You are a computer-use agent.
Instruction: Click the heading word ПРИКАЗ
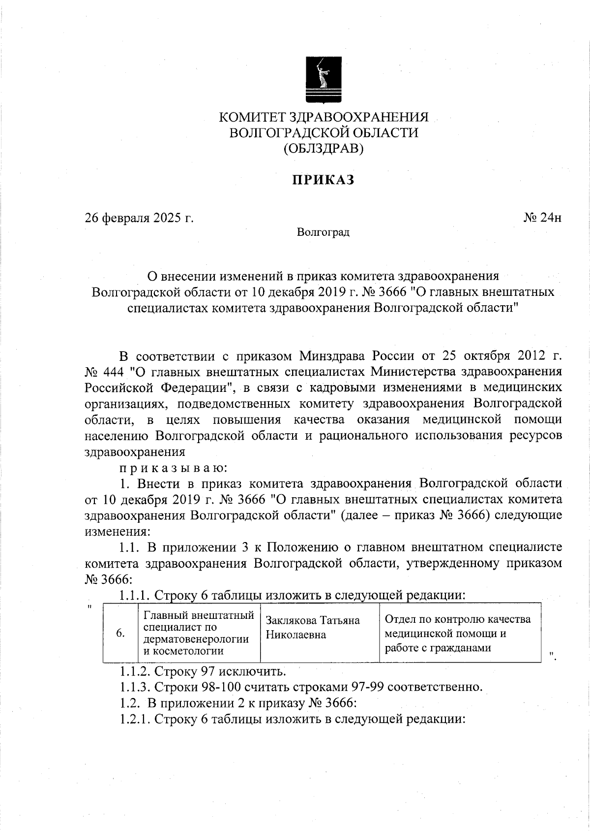324,180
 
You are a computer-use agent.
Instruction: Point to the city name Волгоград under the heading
323,232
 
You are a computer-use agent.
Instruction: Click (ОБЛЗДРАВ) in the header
324,148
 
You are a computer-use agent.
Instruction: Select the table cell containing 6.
120,633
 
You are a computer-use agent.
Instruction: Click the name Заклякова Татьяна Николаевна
313,627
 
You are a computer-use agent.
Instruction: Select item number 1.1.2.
135,671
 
